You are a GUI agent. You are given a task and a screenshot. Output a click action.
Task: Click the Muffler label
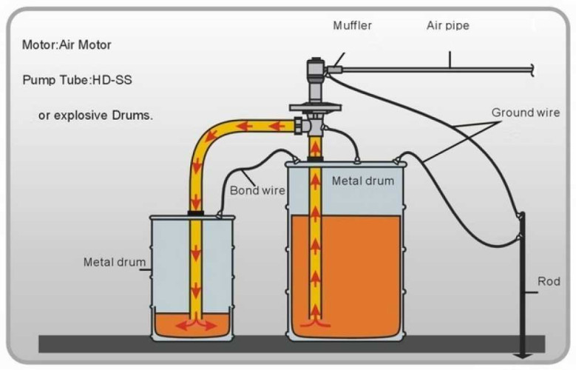coord(352,26)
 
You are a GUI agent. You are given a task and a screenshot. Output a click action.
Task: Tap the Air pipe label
coord(447,26)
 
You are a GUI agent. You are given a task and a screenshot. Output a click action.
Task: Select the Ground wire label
coord(525,112)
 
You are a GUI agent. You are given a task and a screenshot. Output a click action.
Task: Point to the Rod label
coord(547,282)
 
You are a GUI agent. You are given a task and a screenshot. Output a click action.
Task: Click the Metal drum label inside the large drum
coord(363,181)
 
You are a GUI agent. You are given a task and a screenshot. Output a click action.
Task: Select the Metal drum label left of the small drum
coord(114,262)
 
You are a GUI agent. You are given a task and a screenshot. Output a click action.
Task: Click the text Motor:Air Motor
coord(67,45)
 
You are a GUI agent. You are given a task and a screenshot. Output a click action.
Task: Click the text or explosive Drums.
coord(95,116)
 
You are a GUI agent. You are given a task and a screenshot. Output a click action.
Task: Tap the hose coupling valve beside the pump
coord(300,126)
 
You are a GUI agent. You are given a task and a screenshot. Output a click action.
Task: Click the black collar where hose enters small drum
coord(196,213)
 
